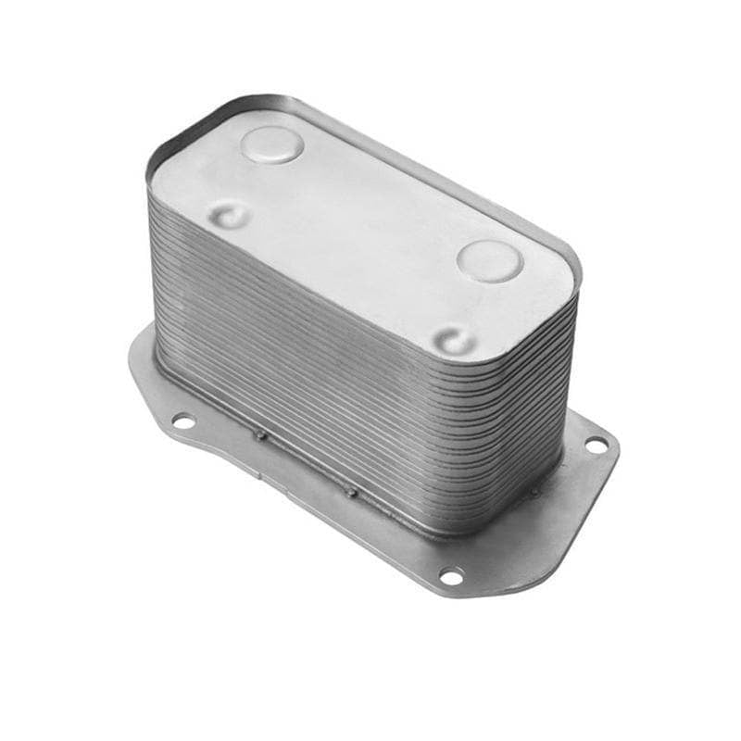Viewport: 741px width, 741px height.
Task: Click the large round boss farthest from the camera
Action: pyautogui.click(x=270, y=145)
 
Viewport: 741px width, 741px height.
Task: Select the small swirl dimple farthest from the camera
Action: pyautogui.click(x=229, y=216)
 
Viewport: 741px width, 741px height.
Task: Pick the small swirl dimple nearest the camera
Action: pyautogui.click(x=455, y=340)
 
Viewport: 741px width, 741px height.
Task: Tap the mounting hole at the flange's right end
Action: pyautogui.click(x=596, y=446)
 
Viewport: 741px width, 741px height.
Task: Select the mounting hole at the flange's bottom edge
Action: pyautogui.click(x=451, y=576)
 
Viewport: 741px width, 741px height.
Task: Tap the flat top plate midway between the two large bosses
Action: pyautogui.click(x=380, y=204)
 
